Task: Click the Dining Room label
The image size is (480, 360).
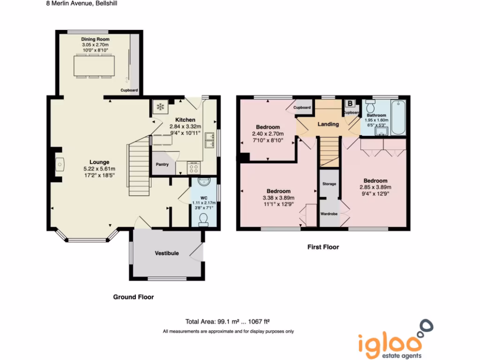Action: pyautogui.click(x=95, y=39)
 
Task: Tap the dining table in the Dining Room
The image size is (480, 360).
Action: pyautogui.click(x=94, y=66)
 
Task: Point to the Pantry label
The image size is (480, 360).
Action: pyautogui.click(x=162, y=165)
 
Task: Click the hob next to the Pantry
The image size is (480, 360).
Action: pyautogui.click(x=193, y=167)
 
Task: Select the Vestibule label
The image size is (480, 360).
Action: pyautogui.click(x=167, y=253)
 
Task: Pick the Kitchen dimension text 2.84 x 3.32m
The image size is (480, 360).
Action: pyautogui.click(x=185, y=127)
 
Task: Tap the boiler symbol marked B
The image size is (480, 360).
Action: pyautogui.click(x=350, y=104)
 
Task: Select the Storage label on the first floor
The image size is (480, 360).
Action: pyautogui.click(x=329, y=184)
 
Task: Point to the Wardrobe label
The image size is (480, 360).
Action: pyautogui.click(x=329, y=214)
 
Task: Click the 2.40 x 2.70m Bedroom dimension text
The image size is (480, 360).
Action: pyautogui.click(x=268, y=134)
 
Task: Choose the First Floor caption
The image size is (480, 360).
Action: pyautogui.click(x=323, y=247)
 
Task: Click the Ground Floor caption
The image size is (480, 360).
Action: pyautogui.click(x=133, y=297)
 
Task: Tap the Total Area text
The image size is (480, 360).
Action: pyautogui.click(x=228, y=322)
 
